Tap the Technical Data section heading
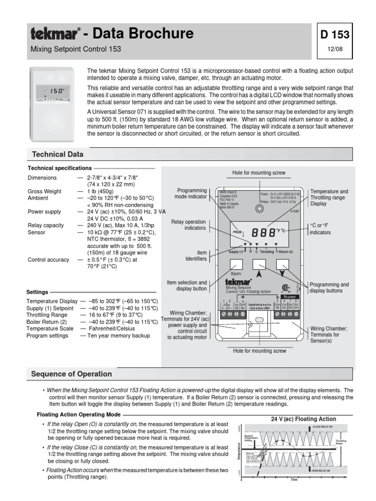click(58, 154)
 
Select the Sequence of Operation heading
click(71, 374)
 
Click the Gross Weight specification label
click(45, 191)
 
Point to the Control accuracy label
click(48, 260)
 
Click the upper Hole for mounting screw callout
click(258, 173)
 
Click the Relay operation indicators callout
click(188, 225)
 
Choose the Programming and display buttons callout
click(329, 288)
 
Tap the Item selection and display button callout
click(187, 286)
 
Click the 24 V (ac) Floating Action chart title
click(304, 419)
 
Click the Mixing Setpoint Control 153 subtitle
click(76, 49)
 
